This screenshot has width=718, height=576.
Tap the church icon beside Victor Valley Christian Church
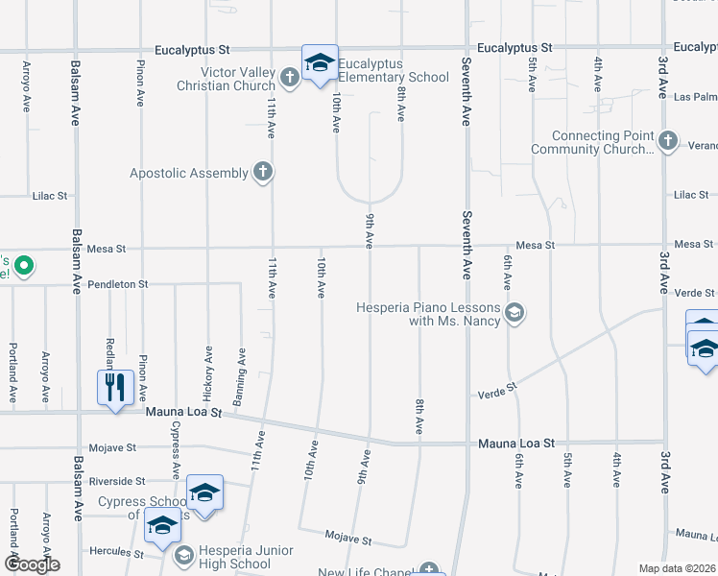point(291,76)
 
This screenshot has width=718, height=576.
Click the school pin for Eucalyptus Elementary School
point(320,63)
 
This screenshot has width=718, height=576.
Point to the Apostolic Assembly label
point(188,174)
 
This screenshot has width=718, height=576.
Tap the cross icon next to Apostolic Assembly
point(261,173)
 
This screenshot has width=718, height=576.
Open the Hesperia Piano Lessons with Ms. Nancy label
point(428,314)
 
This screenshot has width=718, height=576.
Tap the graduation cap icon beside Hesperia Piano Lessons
point(515,313)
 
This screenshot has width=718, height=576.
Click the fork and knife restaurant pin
point(115,387)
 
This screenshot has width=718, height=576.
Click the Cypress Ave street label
point(176,450)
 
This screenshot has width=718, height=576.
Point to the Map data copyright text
point(677,568)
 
